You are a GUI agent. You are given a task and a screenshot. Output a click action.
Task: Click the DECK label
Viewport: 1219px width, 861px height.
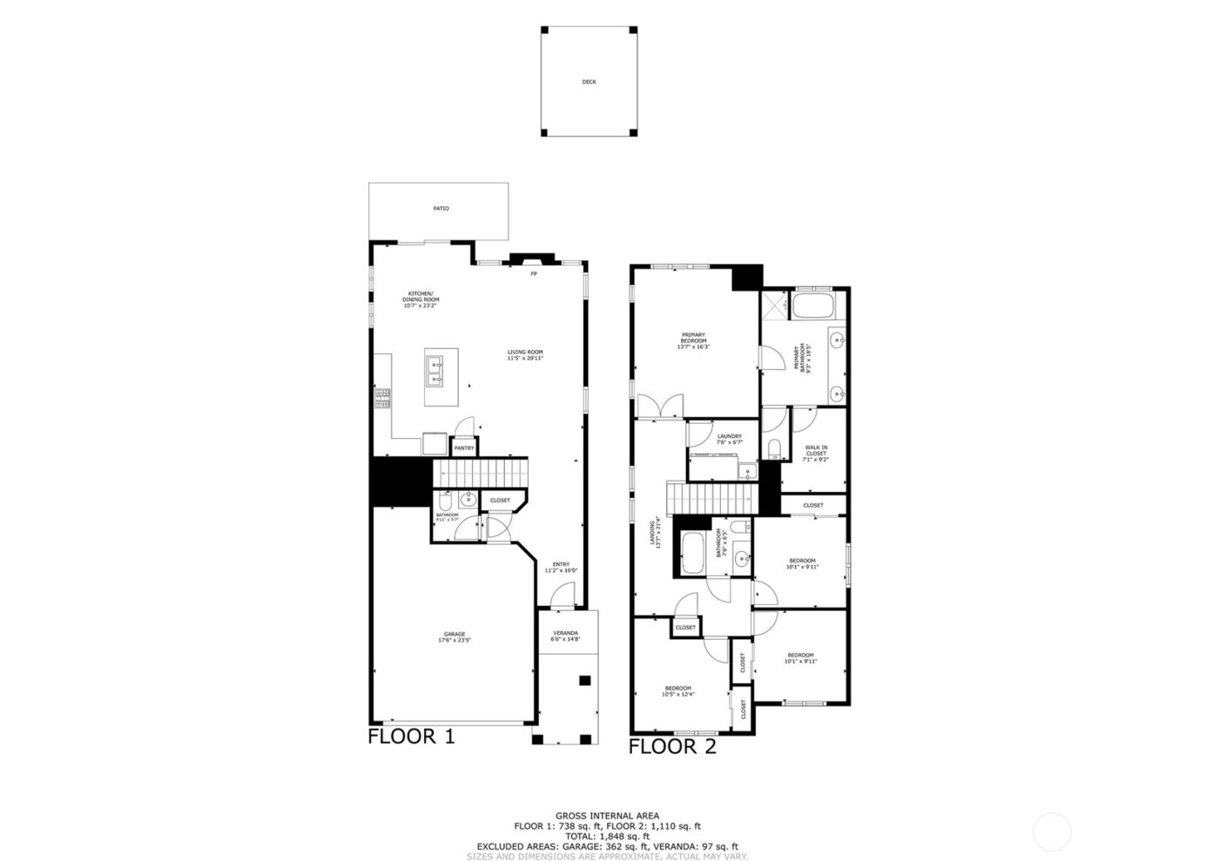[x=589, y=83]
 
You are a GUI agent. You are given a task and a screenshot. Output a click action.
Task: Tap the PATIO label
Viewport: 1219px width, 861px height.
[x=441, y=209]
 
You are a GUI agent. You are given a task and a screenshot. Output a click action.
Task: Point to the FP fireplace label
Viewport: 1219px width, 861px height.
[x=535, y=274]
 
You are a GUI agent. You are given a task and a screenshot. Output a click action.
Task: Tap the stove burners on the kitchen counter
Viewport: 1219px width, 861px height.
[x=381, y=398]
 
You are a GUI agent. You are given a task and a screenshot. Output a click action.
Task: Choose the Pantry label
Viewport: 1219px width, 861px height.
[x=464, y=448]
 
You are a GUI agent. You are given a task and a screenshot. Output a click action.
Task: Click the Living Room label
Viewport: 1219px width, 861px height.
[x=525, y=355]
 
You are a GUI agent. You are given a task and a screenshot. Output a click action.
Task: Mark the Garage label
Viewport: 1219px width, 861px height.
[x=455, y=636]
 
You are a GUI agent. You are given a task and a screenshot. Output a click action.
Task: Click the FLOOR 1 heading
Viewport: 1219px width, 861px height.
[x=411, y=737]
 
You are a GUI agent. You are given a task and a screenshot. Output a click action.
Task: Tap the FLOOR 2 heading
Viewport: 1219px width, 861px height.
[x=672, y=746]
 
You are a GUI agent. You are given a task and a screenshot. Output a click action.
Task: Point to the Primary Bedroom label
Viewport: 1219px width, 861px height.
[x=694, y=340]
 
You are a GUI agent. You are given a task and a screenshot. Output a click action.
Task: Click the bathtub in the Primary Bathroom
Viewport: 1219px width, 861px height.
[x=813, y=306]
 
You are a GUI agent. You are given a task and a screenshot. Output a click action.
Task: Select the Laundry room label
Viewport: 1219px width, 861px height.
[x=729, y=439]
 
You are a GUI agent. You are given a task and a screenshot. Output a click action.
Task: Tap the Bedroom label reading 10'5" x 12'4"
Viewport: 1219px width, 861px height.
[x=677, y=690]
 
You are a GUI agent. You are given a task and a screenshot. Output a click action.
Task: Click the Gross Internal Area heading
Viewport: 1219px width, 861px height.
[x=607, y=816]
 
